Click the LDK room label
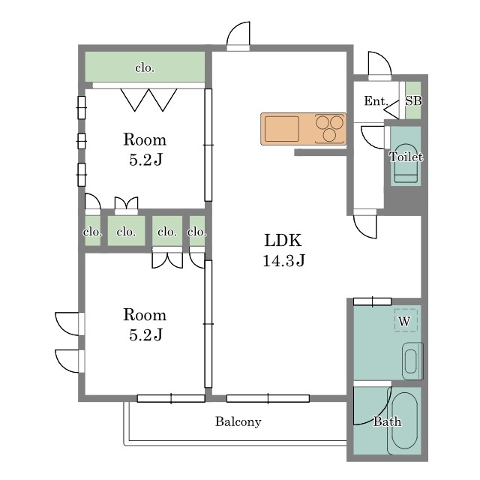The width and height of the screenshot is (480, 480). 283,240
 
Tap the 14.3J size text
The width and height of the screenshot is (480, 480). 283,260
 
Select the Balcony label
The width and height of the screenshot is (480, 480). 238,421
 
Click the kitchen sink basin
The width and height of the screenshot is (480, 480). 282,129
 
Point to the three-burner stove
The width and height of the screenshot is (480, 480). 330,128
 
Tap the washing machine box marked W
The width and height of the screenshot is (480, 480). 406,320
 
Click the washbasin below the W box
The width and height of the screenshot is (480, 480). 412,361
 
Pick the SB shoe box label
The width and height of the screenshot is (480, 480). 413,100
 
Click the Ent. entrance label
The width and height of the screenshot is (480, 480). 376,100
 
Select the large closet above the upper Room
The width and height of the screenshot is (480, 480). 145,67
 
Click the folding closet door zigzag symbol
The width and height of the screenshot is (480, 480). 148,100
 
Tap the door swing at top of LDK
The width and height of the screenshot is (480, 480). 238,34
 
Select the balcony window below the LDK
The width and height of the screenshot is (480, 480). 268,398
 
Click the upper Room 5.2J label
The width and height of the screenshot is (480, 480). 145,149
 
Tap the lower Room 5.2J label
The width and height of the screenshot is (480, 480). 145,325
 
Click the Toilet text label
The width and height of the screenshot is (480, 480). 406,157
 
